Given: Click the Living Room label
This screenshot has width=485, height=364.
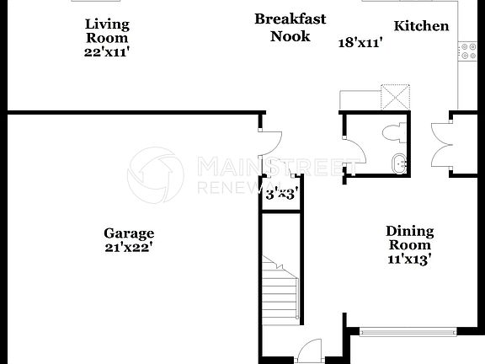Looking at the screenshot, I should click(x=107, y=30).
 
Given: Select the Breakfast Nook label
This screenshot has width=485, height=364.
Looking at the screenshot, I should click(x=290, y=27).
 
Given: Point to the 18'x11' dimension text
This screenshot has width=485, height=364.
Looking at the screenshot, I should click(x=360, y=41).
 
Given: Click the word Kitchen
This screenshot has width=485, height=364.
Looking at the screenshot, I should click(x=421, y=25).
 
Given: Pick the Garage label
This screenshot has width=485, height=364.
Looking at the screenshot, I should click(x=129, y=233).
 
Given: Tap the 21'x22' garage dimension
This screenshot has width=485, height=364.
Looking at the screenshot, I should click(x=129, y=248).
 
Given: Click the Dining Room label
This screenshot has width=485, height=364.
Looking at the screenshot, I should click(x=409, y=238).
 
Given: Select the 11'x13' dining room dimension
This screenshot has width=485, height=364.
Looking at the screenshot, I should click(x=409, y=260).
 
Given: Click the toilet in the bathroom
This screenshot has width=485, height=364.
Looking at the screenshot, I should click(x=392, y=132).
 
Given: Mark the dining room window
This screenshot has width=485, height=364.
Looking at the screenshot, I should click(x=408, y=331).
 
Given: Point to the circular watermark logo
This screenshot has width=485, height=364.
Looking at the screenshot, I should click(x=155, y=175).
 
